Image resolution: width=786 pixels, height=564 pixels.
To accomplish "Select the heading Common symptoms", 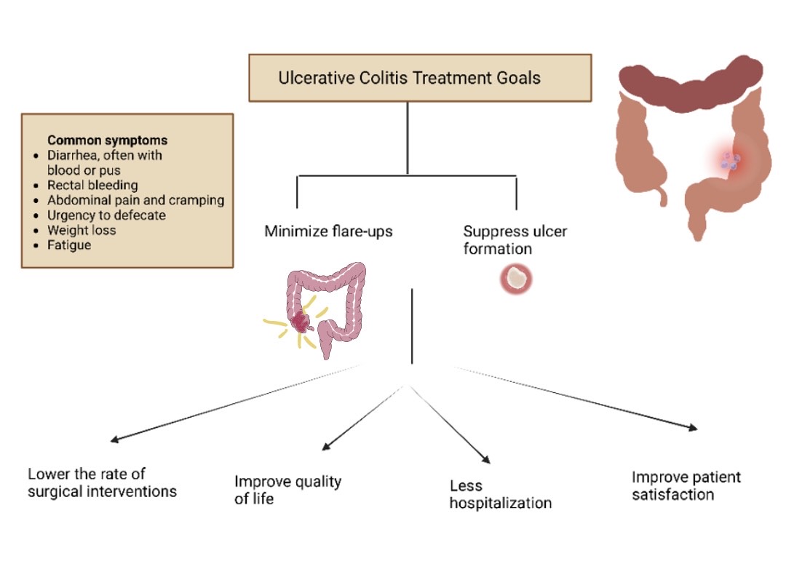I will point(107,140).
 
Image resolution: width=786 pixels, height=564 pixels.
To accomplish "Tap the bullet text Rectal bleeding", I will point(92,185).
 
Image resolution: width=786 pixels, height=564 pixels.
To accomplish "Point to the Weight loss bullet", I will point(82,230).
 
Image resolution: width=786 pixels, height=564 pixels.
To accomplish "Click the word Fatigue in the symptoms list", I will point(69,245).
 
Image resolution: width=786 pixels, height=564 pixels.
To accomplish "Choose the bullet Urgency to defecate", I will point(106,215).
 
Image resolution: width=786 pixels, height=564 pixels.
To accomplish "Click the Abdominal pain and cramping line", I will point(135,200).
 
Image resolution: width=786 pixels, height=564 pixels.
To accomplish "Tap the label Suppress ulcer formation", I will point(515,240).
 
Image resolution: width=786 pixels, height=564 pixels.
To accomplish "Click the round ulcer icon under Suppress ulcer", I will point(516,278).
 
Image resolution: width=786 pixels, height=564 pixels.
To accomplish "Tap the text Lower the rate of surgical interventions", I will point(102,482).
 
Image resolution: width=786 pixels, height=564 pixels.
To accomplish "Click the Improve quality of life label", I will point(287,489).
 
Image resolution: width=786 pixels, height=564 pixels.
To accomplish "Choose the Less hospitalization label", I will point(500,494).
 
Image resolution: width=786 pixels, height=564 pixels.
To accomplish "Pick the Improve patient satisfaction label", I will point(686,485).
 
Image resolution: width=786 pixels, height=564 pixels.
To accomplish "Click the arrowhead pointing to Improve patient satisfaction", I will point(694,429).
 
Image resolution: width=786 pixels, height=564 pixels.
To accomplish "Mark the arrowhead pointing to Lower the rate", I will point(114,440).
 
